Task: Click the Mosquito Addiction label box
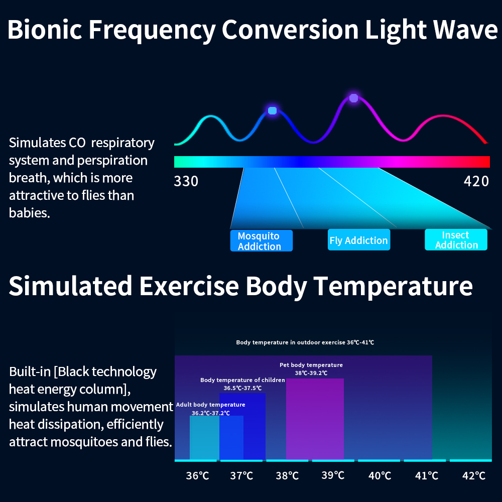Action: [261, 241]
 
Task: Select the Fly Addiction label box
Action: [358, 240]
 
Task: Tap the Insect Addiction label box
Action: [456, 240]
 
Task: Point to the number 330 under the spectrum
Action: [186, 181]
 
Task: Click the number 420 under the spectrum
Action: [476, 181]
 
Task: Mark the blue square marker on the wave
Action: [272, 110]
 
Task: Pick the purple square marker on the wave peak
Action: [353, 98]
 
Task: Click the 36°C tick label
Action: [197, 475]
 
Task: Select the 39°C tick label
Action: [333, 475]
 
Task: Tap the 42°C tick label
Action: [473, 475]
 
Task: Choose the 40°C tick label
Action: [380, 475]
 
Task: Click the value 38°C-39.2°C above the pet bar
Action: [311, 373]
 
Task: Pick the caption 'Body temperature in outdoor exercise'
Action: [291, 342]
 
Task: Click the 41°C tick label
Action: [427, 475]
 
